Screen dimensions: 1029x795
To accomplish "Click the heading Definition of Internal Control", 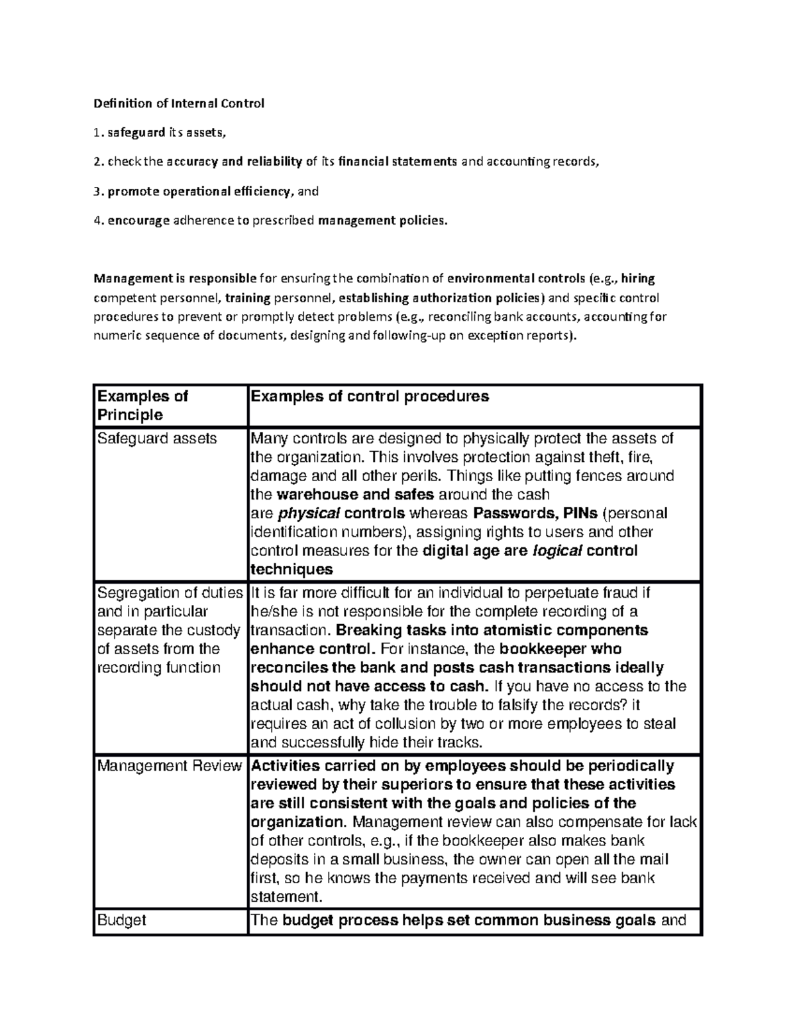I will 179,103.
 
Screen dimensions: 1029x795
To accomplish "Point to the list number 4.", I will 98,221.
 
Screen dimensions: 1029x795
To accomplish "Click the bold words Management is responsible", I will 175,278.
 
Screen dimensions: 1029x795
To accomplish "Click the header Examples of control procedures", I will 369,396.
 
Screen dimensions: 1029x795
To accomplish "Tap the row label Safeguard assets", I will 157,439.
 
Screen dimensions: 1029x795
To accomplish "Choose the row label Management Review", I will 170,766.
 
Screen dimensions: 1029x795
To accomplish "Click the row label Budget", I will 122,920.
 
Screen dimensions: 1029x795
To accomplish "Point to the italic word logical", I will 558,551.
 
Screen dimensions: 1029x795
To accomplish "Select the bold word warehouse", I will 316,494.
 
